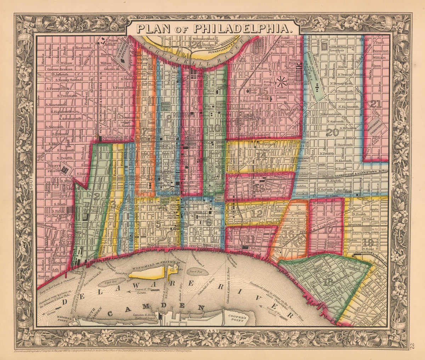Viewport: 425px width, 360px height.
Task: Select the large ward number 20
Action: coord(332,132)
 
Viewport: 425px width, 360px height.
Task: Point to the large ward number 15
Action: coord(263,91)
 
